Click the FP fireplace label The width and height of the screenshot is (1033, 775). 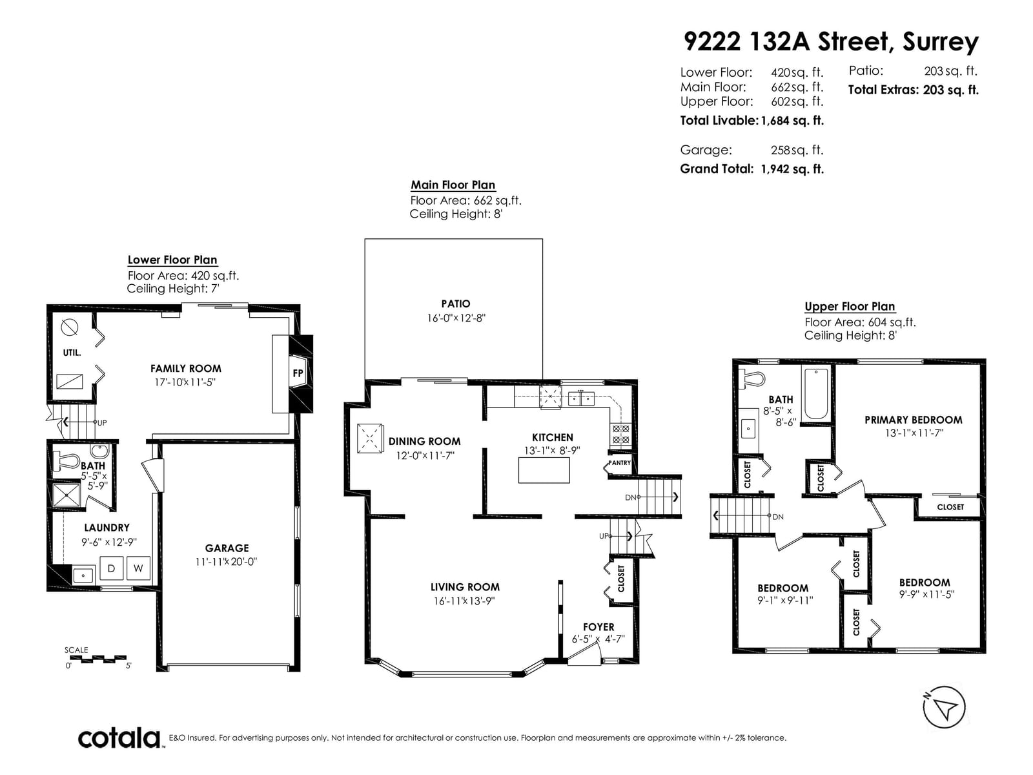[x=298, y=373]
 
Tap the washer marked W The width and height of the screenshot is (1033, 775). [x=138, y=568]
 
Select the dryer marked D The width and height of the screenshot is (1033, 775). [x=112, y=568]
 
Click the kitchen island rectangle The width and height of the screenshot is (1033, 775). [x=544, y=470]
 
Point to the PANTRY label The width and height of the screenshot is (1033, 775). [x=619, y=462]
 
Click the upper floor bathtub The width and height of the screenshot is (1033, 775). [x=816, y=394]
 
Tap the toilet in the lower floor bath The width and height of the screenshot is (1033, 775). [x=66, y=461]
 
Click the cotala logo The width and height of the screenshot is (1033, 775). [x=119, y=738]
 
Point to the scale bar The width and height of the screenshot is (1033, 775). [x=98, y=659]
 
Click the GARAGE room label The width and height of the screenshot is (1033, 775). [x=227, y=548]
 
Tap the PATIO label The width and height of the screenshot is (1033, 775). [x=456, y=304]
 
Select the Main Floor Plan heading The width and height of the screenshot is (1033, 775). [x=453, y=185]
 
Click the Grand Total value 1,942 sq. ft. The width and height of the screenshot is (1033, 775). [x=792, y=169]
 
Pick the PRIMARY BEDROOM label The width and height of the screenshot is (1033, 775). [x=913, y=420]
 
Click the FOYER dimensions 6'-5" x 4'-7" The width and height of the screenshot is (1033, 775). [x=598, y=639]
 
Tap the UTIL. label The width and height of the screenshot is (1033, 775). [x=72, y=353]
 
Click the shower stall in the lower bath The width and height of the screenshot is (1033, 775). [x=66, y=495]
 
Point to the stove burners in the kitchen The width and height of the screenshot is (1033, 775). [x=620, y=435]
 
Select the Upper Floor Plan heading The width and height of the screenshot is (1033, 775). [x=850, y=306]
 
